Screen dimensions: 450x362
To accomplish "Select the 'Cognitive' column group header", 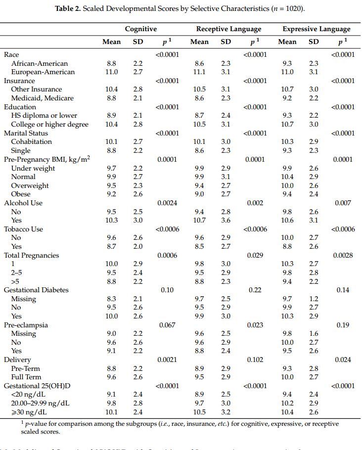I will click(x=140, y=29).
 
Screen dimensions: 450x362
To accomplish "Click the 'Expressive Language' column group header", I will click(x=316, y=29).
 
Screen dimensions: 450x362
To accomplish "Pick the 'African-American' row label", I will click(x=39, y=63).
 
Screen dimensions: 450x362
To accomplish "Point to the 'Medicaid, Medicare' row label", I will click(x=43, y=98).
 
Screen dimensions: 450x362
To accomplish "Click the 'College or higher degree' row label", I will click(x=49, y=124).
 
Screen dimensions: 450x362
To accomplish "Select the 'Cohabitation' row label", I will click(x=31, y=141).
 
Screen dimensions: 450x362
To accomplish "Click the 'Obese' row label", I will click(x=21, y=194).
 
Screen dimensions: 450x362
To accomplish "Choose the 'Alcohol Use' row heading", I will click(x=23, y=203).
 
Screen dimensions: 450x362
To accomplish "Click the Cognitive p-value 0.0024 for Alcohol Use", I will click(x=167, y=203).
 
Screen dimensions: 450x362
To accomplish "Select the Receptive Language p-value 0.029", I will click(x=255, y=255).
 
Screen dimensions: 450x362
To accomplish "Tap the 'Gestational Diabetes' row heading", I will click(x=36, y=290).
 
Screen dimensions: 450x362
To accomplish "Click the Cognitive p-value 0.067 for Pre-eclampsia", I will click(x=167, y=325).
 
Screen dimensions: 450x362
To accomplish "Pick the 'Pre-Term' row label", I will click(x=25, y=368).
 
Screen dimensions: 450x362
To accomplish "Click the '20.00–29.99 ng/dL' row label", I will click(x=40, y=403).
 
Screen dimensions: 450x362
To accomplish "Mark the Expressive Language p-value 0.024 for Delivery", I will click(x=343, y=360).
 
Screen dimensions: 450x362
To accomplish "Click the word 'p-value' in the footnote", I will click(x=35, y=423).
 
